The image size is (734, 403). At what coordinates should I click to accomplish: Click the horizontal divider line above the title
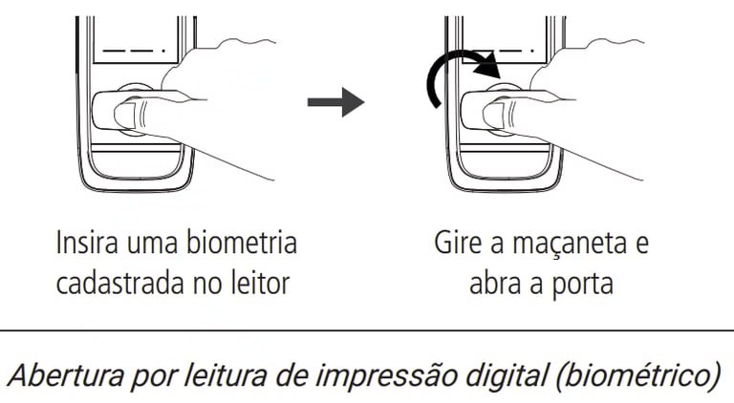[367, 331]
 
